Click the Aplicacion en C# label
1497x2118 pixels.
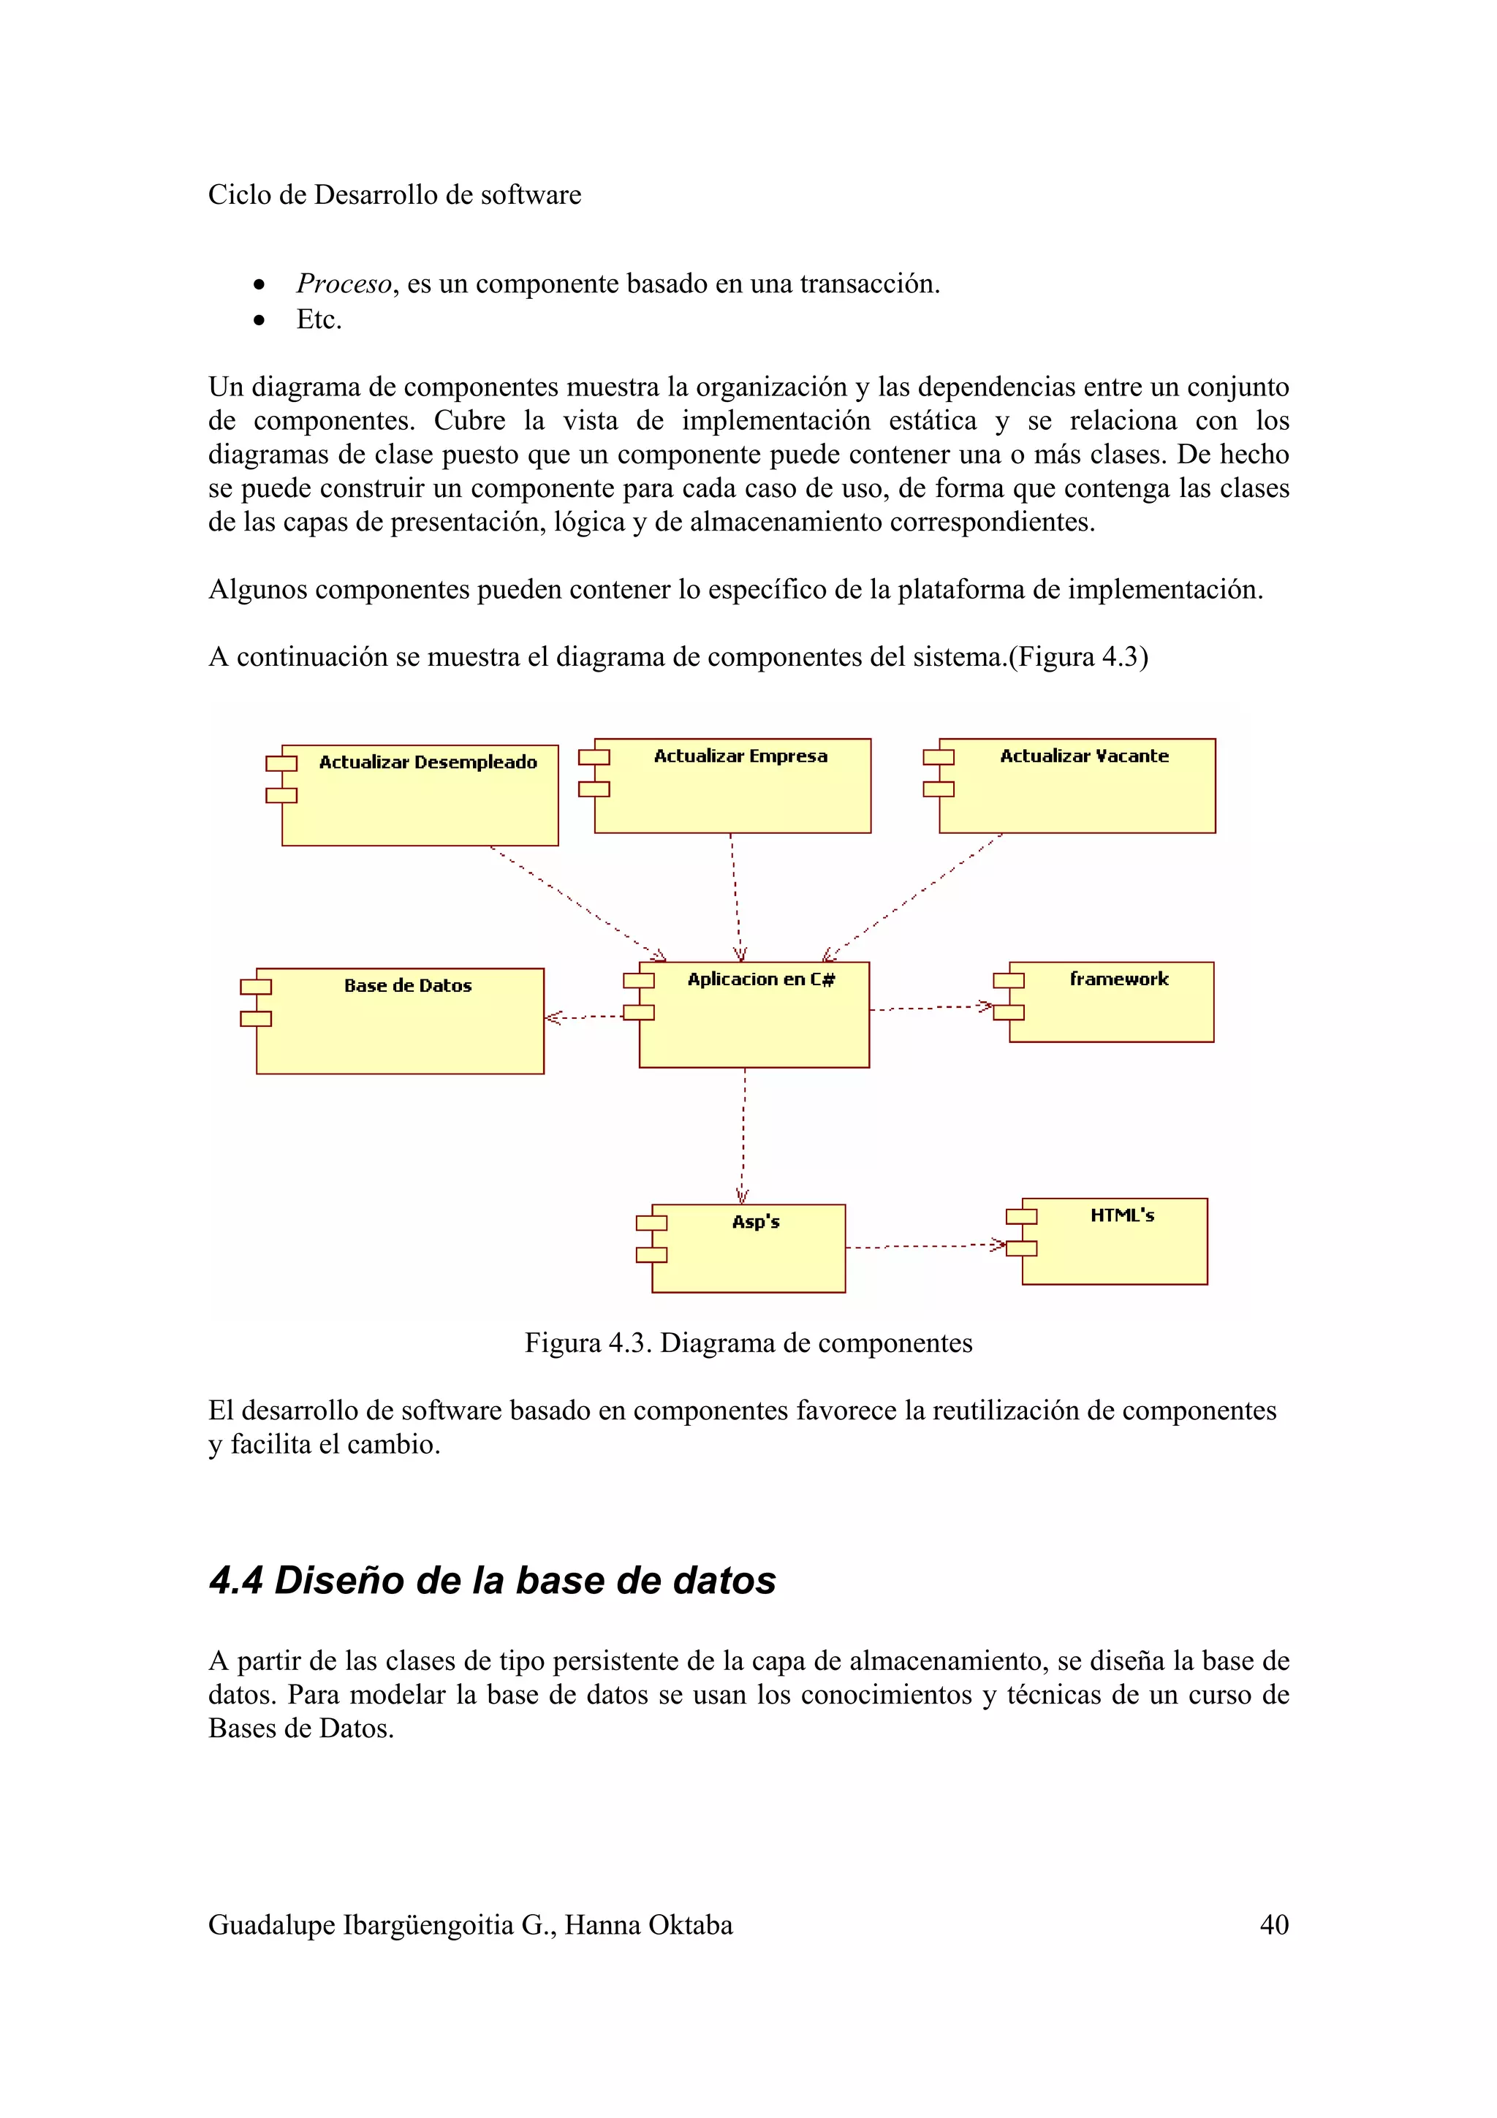point(761,979)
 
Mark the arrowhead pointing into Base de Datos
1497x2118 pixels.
point(552,1017)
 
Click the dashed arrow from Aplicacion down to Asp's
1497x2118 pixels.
point(743,1134)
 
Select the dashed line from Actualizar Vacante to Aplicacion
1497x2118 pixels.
point(913,896)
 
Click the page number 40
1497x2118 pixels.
point(1274,1925)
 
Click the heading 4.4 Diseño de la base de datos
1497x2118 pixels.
point(492,1580)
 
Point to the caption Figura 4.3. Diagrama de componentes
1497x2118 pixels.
point(748,1343)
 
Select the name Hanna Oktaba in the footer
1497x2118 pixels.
point(648,1925)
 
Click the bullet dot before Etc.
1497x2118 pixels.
point(260,320)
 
